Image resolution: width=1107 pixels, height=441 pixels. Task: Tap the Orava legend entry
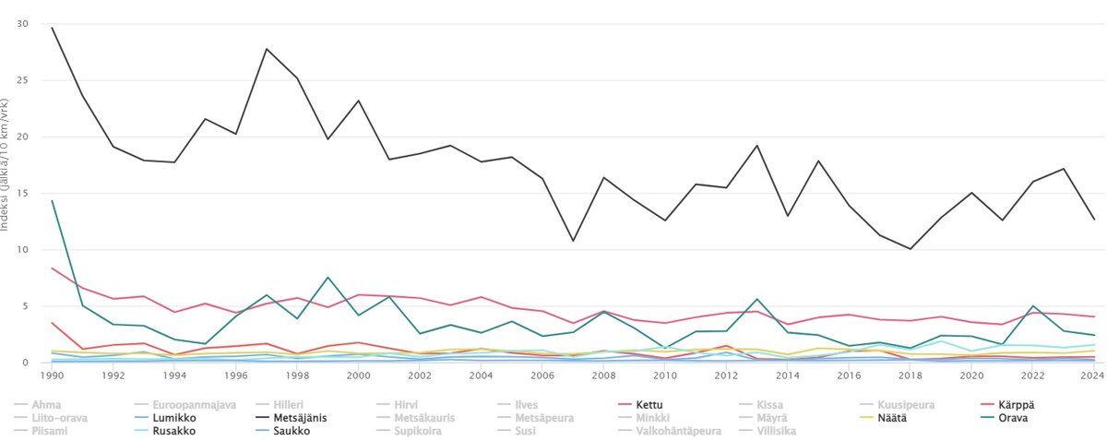coord(1014,418)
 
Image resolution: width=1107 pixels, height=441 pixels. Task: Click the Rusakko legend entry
coord(173,431)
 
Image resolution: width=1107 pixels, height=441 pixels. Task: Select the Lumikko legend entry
coord(173,418)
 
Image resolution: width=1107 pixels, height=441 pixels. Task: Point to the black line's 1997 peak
coord(267,49)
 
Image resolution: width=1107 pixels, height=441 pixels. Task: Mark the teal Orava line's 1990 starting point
coord(53,200)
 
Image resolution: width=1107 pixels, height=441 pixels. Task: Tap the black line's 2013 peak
coord(756,146)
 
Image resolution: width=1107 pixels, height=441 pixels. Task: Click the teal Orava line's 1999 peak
coord(327,277)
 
